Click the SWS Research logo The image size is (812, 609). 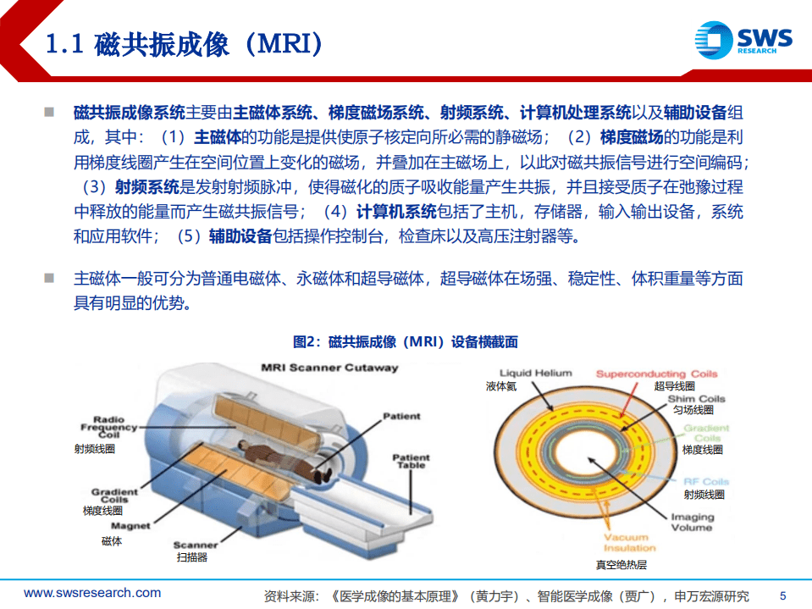(743, 41)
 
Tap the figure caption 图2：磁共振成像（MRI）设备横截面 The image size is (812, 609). (405, 342)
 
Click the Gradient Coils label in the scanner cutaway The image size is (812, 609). (114, 496)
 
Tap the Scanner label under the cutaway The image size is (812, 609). (196, 545)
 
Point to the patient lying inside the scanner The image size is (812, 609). (279, 457)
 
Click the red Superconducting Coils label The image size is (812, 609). (656, 374)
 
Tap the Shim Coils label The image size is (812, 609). (696, 399)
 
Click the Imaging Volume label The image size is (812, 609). (692, 522)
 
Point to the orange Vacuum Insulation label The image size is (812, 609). (625, 542)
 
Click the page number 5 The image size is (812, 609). (782, 594)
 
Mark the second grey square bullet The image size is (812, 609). (50, 278)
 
